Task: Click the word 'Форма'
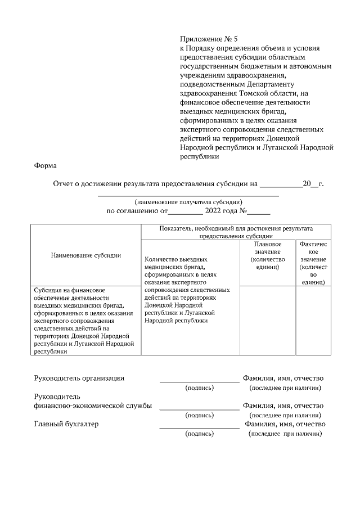46,166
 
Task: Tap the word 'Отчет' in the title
63,183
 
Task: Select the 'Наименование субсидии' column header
85,255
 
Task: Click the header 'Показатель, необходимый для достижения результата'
236,229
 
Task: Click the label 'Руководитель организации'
79,379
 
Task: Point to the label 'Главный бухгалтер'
66,424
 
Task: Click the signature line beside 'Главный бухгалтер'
199,427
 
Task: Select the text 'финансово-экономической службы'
93,406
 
